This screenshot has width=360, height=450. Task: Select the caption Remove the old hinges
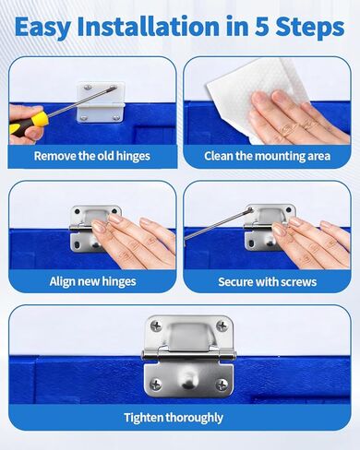91,156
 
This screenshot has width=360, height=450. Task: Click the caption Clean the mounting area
268,156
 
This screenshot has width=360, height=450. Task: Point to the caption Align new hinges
91,281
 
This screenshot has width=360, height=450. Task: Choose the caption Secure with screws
268,281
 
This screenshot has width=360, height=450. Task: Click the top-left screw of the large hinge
155,326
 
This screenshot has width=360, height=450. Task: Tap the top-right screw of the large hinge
222,326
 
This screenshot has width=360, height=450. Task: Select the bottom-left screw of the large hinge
155,384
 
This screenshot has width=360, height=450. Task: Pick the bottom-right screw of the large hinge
222,384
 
